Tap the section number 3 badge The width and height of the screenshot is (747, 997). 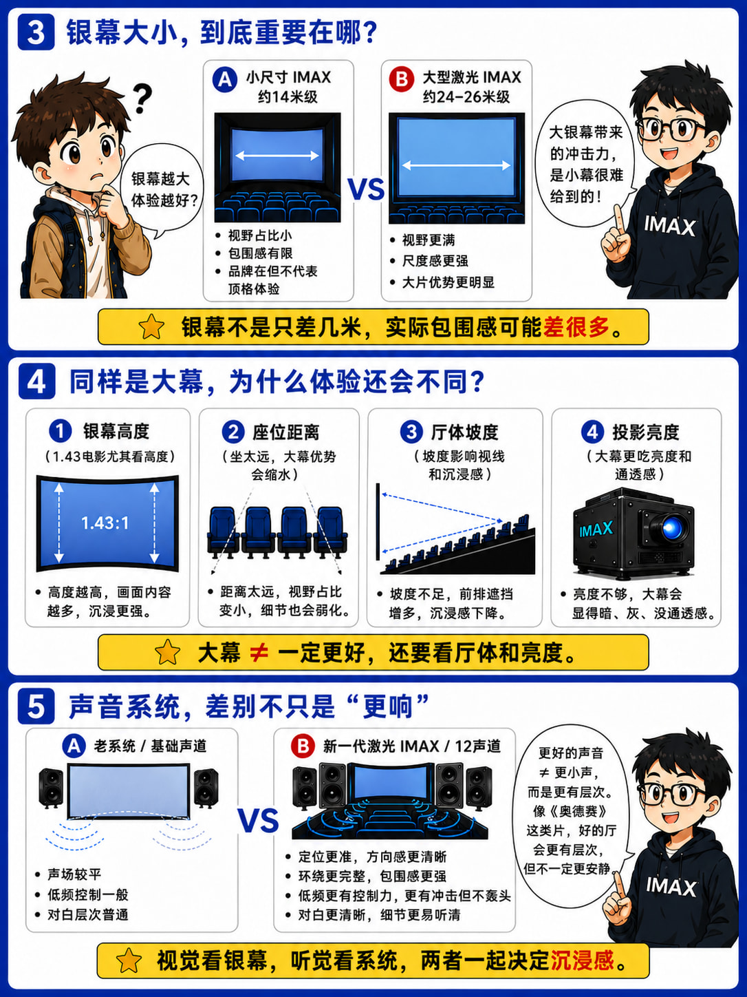point(36,32)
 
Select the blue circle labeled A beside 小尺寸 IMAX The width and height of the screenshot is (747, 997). point(225,79)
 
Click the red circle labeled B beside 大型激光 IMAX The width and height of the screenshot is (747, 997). point(402,79)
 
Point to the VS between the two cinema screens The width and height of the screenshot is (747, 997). point(366,189)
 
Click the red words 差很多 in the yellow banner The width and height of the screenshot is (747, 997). point(576,326)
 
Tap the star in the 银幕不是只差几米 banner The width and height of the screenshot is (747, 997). point(151,327)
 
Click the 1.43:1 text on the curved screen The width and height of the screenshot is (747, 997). point(105,523)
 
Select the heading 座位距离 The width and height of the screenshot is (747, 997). point(285,432)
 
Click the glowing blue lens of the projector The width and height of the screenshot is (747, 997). point(670,528)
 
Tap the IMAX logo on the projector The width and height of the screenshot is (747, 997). point(596,529)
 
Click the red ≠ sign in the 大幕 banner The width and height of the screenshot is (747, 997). point(259,653)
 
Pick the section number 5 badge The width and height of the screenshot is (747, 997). point(36,706)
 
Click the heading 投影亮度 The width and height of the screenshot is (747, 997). point(646,432)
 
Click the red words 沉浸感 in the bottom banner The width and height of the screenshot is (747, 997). point(582,960)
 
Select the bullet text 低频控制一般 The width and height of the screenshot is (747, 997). point(88,895)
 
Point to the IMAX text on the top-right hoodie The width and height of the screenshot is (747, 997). point(670,226)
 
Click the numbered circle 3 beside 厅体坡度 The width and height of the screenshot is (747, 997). point(411,432)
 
